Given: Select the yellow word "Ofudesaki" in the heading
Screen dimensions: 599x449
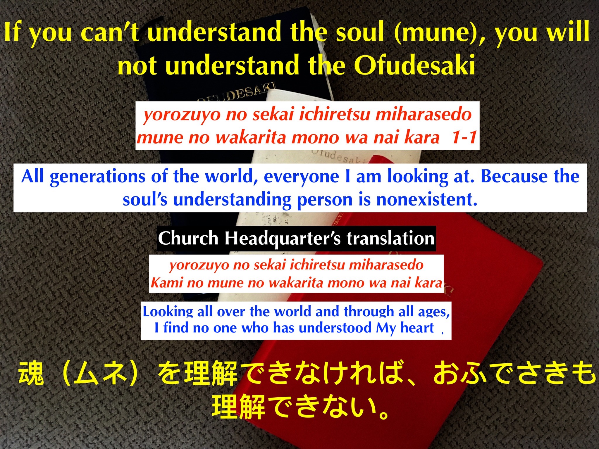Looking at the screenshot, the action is pos(414,65).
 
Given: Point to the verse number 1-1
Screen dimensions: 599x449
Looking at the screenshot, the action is pos(464,137).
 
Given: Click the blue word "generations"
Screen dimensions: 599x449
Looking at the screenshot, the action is pos(97,177).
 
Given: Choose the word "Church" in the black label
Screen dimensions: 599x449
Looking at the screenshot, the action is pos(188,238).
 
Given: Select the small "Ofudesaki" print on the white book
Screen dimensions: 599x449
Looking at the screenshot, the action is pos(337,157).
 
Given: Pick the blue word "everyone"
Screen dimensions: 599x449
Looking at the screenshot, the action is pos(302,177).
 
